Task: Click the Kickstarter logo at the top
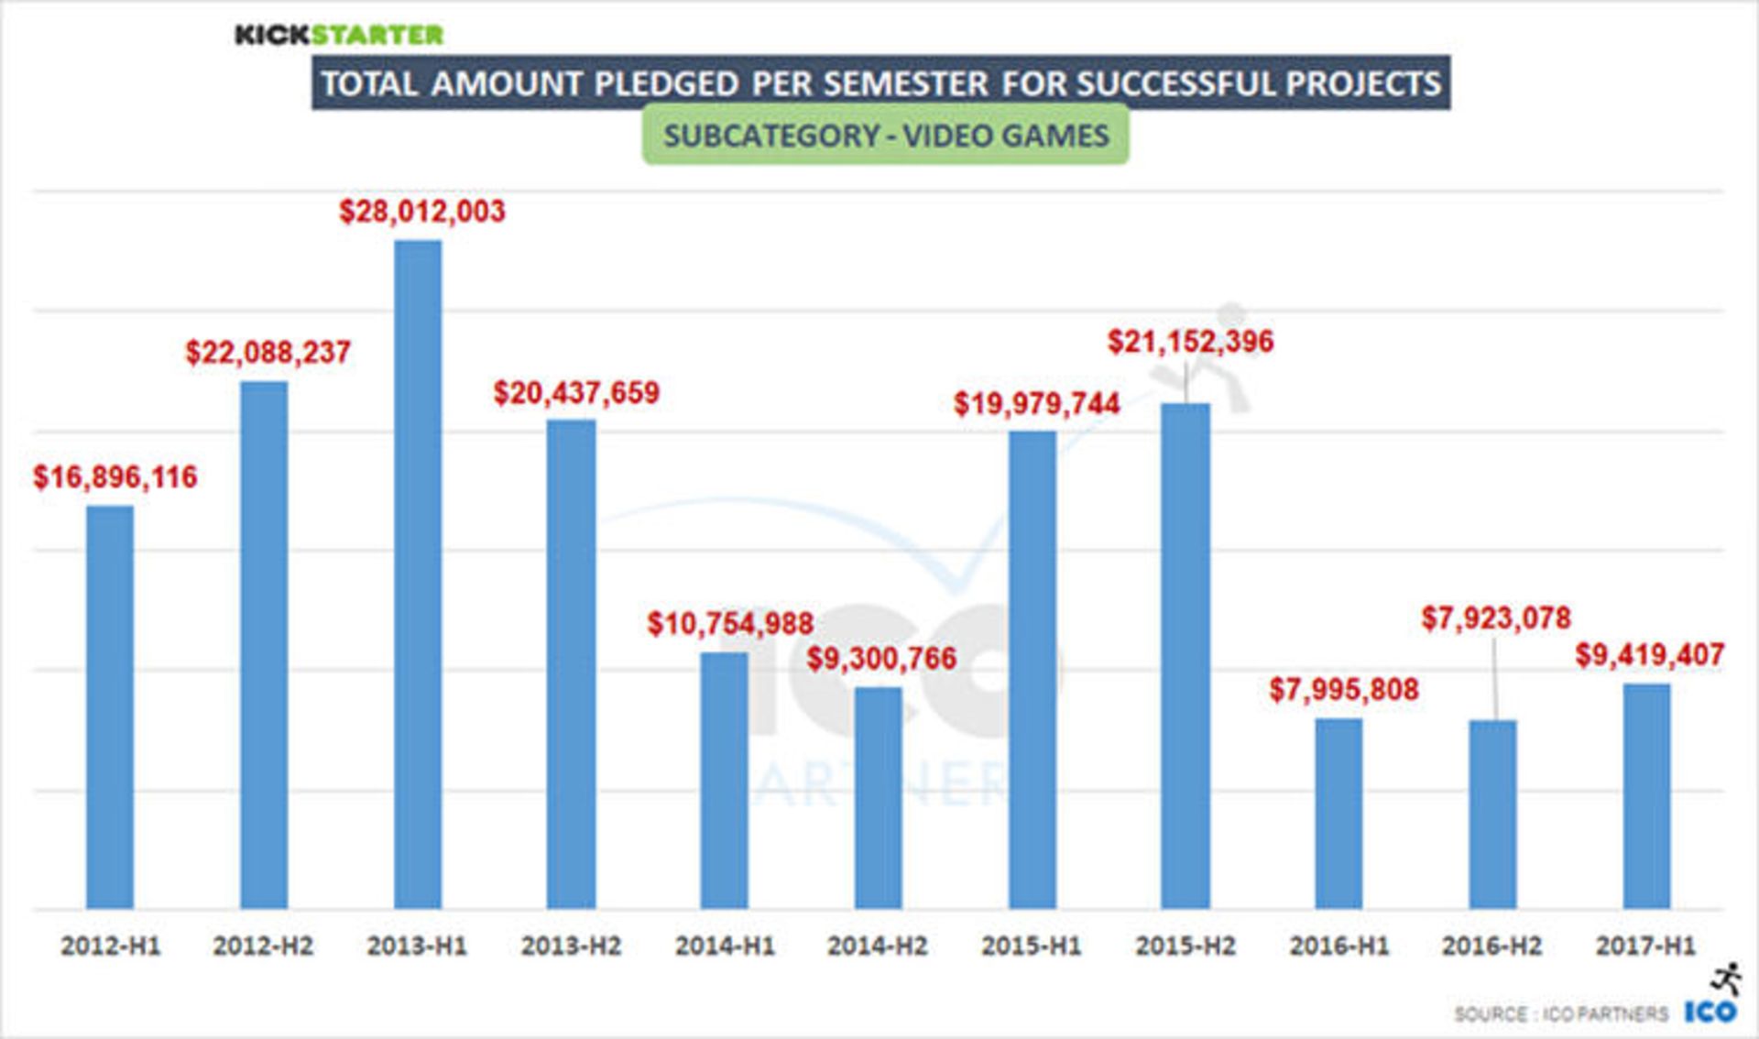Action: click(x=339, y=35)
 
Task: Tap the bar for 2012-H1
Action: click(x=110, y=706)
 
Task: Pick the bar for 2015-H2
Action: click(x=1185, y=656)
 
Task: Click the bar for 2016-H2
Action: click(x=1492, y=815)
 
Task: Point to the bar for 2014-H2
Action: click(x=879, y=798)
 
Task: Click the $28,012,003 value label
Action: click(x=422, y=212)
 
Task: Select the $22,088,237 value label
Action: click(x=268, y=353)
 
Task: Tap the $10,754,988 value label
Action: click(x=730, y=624)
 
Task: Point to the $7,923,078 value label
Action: click(x=1496, y=618)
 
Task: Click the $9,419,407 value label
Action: click(x=1649, y=655)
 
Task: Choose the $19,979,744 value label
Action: click(x=1036, y=404)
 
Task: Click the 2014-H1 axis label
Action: click(x=725, y=946)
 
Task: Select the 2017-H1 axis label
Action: click(x=1645, y=946)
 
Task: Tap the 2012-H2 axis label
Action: click(x=263, y=946)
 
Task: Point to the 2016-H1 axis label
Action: click(x=1339, y=946)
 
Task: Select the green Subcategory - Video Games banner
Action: click(x=885, y=136)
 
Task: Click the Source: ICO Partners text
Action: click(x=1560, y=1014)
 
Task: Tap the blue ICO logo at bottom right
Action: click(x=1710, y=1012)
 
